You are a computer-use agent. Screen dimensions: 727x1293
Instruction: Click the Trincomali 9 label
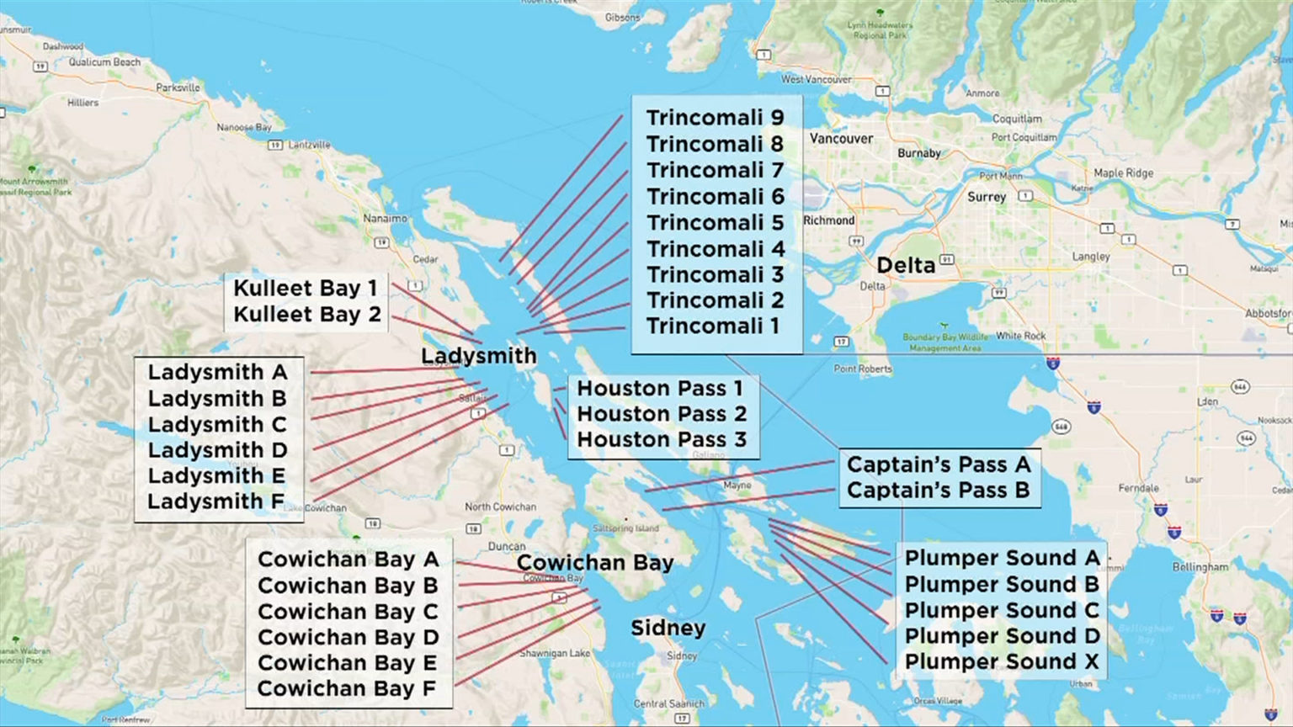(x=715, y=118)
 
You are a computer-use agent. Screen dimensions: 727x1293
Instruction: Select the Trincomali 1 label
(x=713, y=326)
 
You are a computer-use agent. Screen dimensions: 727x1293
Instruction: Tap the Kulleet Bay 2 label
(x=306, y=314)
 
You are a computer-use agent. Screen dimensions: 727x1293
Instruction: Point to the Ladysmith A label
(x=217, y=372)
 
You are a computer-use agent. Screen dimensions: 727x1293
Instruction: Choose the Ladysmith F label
(x=215, y=501)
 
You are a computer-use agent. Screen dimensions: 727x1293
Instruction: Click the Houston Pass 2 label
(x=662, y=414)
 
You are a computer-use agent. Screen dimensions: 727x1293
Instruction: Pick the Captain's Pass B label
(x=938, y=490)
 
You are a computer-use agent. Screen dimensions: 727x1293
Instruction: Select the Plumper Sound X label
(x=1002, y=661)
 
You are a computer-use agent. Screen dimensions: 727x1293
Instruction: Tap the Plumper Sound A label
(x=1002, y=558)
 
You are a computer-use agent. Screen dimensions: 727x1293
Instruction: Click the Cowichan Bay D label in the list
(x=348, y=637)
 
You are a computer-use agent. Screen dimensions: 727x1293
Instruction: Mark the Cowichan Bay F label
(x=346, y=688)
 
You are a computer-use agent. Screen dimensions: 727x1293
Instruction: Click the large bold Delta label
(x=906, y=266)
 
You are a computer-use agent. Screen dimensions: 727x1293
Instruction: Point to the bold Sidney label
(x=668, y=629)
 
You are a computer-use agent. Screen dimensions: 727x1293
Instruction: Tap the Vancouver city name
(x=841, y=139)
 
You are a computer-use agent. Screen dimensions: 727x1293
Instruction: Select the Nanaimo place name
(x=385, y=219)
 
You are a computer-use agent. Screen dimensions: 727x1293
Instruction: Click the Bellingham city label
(x=1200, y=567)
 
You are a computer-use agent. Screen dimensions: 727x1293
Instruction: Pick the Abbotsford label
(x=1268, y=313)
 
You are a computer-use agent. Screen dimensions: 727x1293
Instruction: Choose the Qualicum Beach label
(x=104, y=62)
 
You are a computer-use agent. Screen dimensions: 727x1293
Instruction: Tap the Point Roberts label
(x=863, y=369)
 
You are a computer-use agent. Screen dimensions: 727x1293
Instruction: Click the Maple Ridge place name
(x=1123, y=173)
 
